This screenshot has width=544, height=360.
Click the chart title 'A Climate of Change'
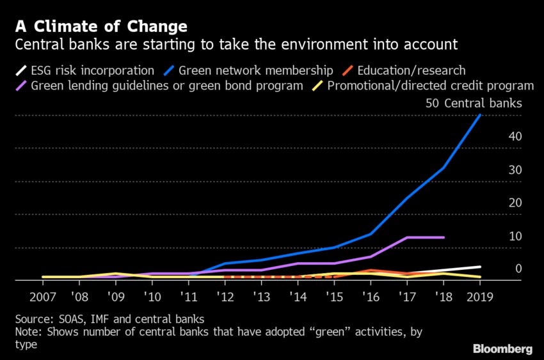tap(101, 27)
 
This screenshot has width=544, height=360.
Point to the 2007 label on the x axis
tap(43, 297)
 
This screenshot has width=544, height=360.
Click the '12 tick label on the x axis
tap(225, 297)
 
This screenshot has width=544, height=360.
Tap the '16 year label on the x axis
tap(371, 297)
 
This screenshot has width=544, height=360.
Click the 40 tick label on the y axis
tap(515, 137)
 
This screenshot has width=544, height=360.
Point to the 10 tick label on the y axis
tap(515, 236)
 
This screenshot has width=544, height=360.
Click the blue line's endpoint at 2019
tap(480, 116)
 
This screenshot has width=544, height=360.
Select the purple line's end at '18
tap(444, 237)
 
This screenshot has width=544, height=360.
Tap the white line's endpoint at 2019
tap(480, 267)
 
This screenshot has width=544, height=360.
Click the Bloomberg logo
tap(502, 348)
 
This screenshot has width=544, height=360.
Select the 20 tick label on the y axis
tap(515, 203)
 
